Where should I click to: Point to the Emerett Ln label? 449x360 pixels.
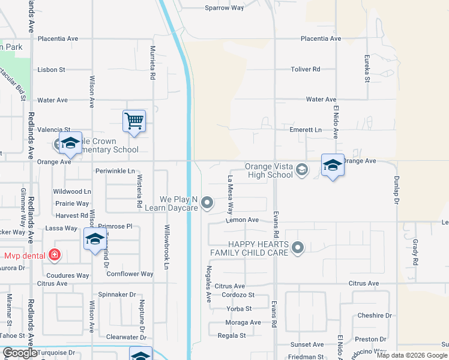click(306, 130)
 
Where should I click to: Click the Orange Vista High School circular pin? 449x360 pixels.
click(302, 170)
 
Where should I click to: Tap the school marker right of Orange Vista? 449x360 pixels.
click(333, 166)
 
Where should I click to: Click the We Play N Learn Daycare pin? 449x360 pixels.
click(208, 202)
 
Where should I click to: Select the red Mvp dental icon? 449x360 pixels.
click(55, 255)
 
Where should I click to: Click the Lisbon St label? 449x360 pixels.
click(51, 70)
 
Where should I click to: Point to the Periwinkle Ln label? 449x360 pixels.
click(115, 171)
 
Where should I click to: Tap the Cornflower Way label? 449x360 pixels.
click(130, 274)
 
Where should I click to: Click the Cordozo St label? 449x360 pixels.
click(238, 295)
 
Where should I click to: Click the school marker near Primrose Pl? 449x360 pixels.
click(95, 240)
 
